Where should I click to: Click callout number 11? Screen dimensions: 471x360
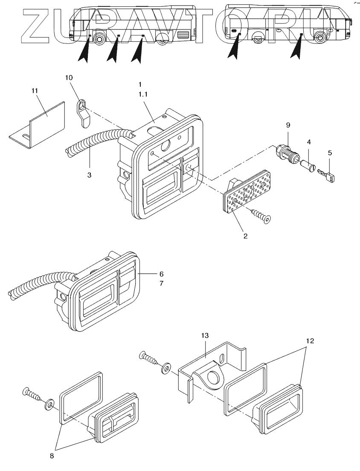(x=35, y=90)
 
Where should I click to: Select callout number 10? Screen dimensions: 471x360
(x=69, y=78)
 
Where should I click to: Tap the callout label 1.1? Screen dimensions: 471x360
(x=143, y=95)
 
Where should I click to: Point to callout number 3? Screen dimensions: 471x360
(x=89, y=175)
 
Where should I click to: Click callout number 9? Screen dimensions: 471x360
(x=288, y=125)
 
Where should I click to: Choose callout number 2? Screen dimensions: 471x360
(x=246, y=235)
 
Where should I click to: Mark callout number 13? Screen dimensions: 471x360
(x=205, y=336)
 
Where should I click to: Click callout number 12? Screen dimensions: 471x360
(x=310, y=341)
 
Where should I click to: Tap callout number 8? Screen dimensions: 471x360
(x=52, y=455)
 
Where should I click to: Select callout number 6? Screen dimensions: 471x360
(x=161, y=273)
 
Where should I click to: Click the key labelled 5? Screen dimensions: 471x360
(x=327, y=175)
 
